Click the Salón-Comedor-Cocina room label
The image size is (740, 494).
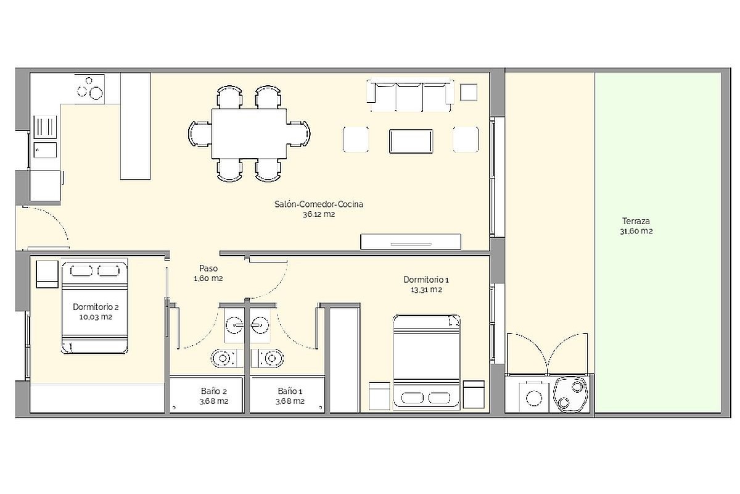point(318,204)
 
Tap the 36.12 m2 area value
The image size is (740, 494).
point(319,214)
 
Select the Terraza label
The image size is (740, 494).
point(636,220)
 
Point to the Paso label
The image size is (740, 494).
point(208,269)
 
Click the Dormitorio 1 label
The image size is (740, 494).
point(426,280)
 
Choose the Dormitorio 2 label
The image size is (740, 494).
point(96,307)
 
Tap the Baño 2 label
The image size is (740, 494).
point(214,391)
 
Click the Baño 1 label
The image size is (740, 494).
point(290,391)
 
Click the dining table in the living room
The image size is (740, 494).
point(249,133)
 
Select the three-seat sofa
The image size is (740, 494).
point(409,95)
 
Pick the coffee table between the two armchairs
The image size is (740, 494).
point(411,141)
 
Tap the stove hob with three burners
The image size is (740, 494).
point(89,89)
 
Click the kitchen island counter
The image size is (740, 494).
point(135,126)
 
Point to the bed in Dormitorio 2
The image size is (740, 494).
point(94,306)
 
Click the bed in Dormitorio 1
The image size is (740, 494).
point(427,362)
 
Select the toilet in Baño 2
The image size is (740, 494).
point(224,358)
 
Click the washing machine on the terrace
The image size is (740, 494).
point(534,398)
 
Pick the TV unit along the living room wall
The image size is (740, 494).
point(411,241)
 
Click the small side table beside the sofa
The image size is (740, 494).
point(469,92)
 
